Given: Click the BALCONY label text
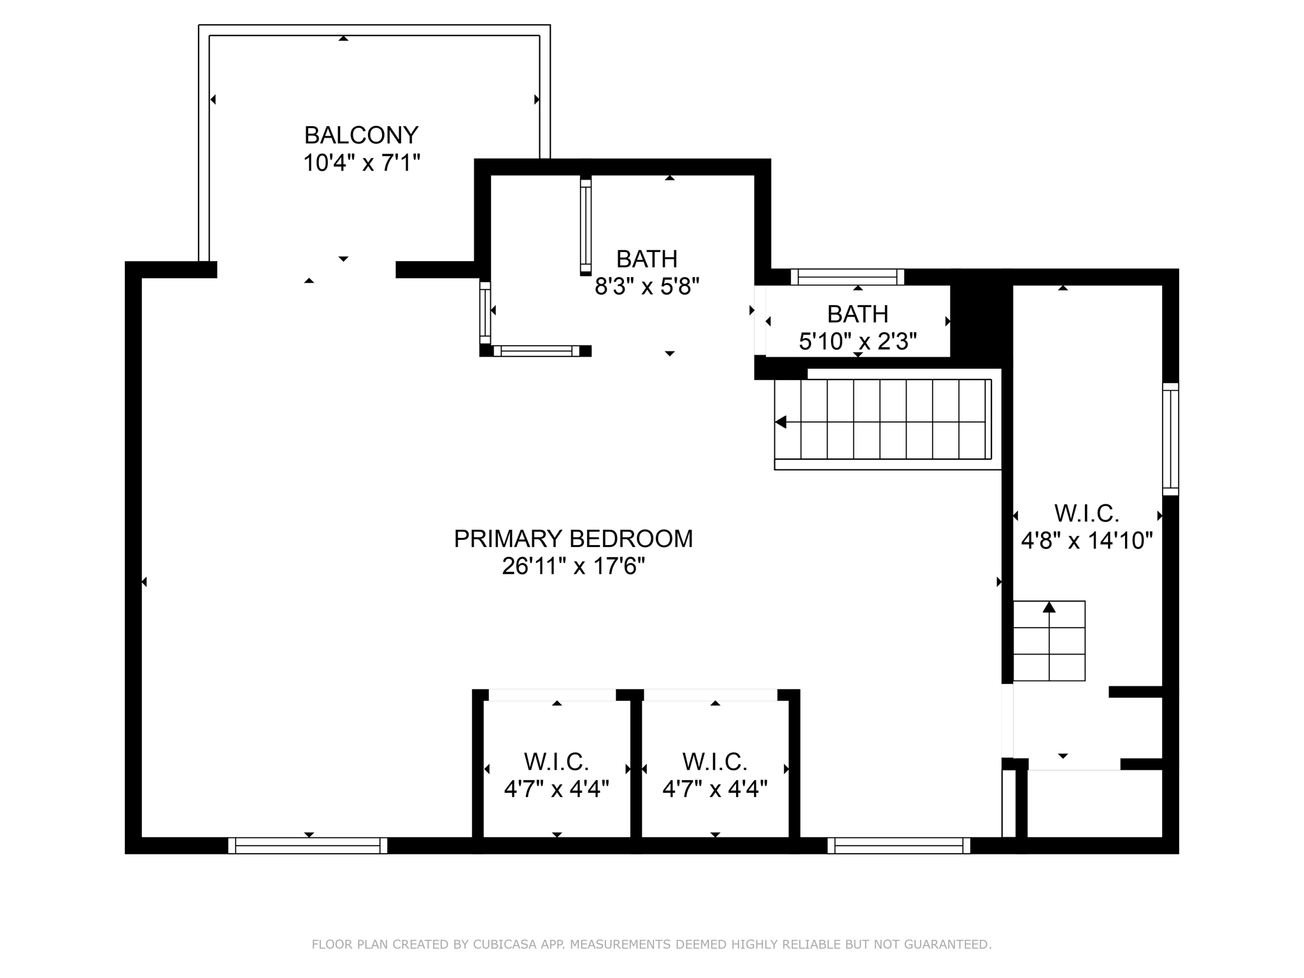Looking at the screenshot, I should coord(361,136).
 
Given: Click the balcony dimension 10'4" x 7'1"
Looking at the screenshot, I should coord(361,163).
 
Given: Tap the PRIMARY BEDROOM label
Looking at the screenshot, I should coord(573,539).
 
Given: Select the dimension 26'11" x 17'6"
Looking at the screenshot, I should coord(573,566).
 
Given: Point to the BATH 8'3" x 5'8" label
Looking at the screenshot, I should coord(647,273).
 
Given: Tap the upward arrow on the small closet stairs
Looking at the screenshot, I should coord(1049,607).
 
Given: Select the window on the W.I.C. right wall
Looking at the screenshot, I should coord(1170,439).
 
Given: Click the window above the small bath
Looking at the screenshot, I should coord(847,277).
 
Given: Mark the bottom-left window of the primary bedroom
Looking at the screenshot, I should coord(308,846).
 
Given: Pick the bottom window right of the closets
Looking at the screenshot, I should coord(898,846).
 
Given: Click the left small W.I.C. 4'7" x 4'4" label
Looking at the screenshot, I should coord(556,775).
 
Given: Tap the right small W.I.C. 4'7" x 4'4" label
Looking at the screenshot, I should coord(715,775).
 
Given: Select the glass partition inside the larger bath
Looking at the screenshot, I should coord(586,227).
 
